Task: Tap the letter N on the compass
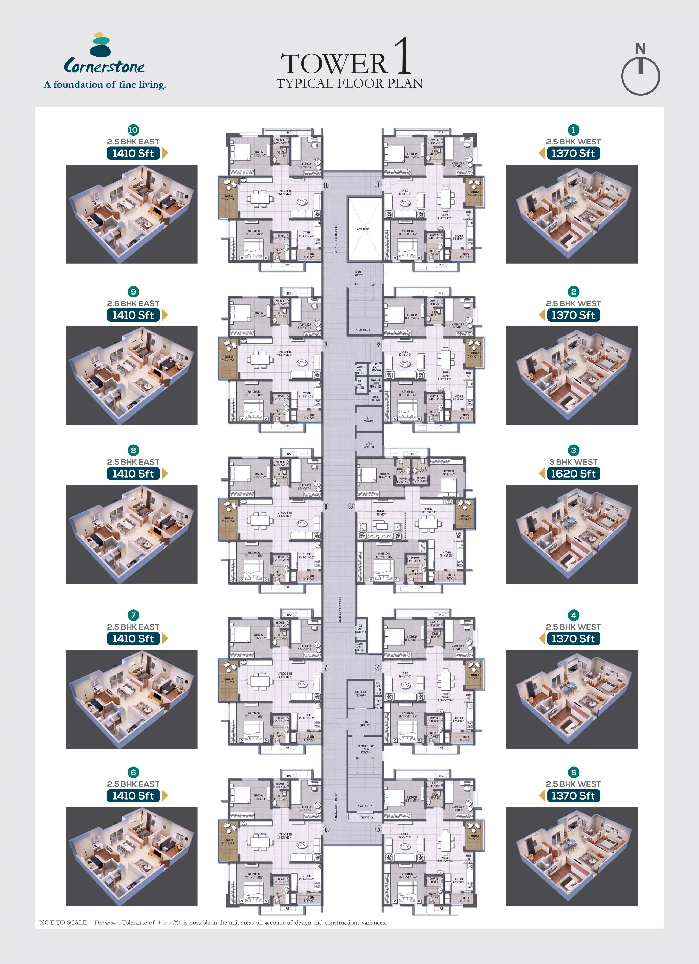[640, 49]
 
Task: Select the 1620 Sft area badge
[573, 474]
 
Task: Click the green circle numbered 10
[133, 130]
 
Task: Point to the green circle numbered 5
[574, 772]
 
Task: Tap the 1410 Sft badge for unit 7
[133, 638]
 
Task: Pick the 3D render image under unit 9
[131, 376]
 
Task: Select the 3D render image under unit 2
[571, 376]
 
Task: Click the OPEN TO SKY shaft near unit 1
[363, 229]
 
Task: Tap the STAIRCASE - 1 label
[363, 330]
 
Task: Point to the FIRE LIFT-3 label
[360, 694]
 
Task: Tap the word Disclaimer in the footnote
[107, 922]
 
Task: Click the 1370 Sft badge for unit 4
[573, 638]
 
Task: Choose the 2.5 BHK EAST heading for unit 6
[133, 784]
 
